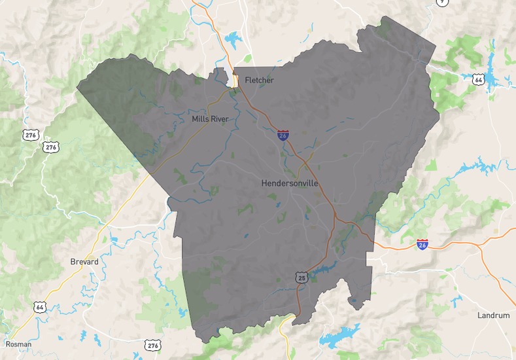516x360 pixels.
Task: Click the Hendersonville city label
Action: coord(290,183)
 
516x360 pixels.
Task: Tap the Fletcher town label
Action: coord(259,81)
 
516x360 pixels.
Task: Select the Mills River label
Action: coord(210,119)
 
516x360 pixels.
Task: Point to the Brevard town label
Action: coord(84,262)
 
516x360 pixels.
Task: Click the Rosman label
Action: coord(18,344)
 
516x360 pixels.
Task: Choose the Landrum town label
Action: coord(493,315)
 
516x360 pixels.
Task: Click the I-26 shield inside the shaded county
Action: coord(283,135)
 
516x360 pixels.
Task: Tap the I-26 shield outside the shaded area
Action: coord(422,245)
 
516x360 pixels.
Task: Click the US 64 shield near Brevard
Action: coord(41,306)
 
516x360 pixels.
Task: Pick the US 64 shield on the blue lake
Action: coord(479,79)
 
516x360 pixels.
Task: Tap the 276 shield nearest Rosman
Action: coord(152,345)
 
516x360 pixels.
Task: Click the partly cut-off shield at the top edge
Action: coord(443,2)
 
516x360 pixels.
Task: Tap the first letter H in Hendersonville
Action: coord(264,183)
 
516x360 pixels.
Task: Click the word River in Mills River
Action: coord(220,119)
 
